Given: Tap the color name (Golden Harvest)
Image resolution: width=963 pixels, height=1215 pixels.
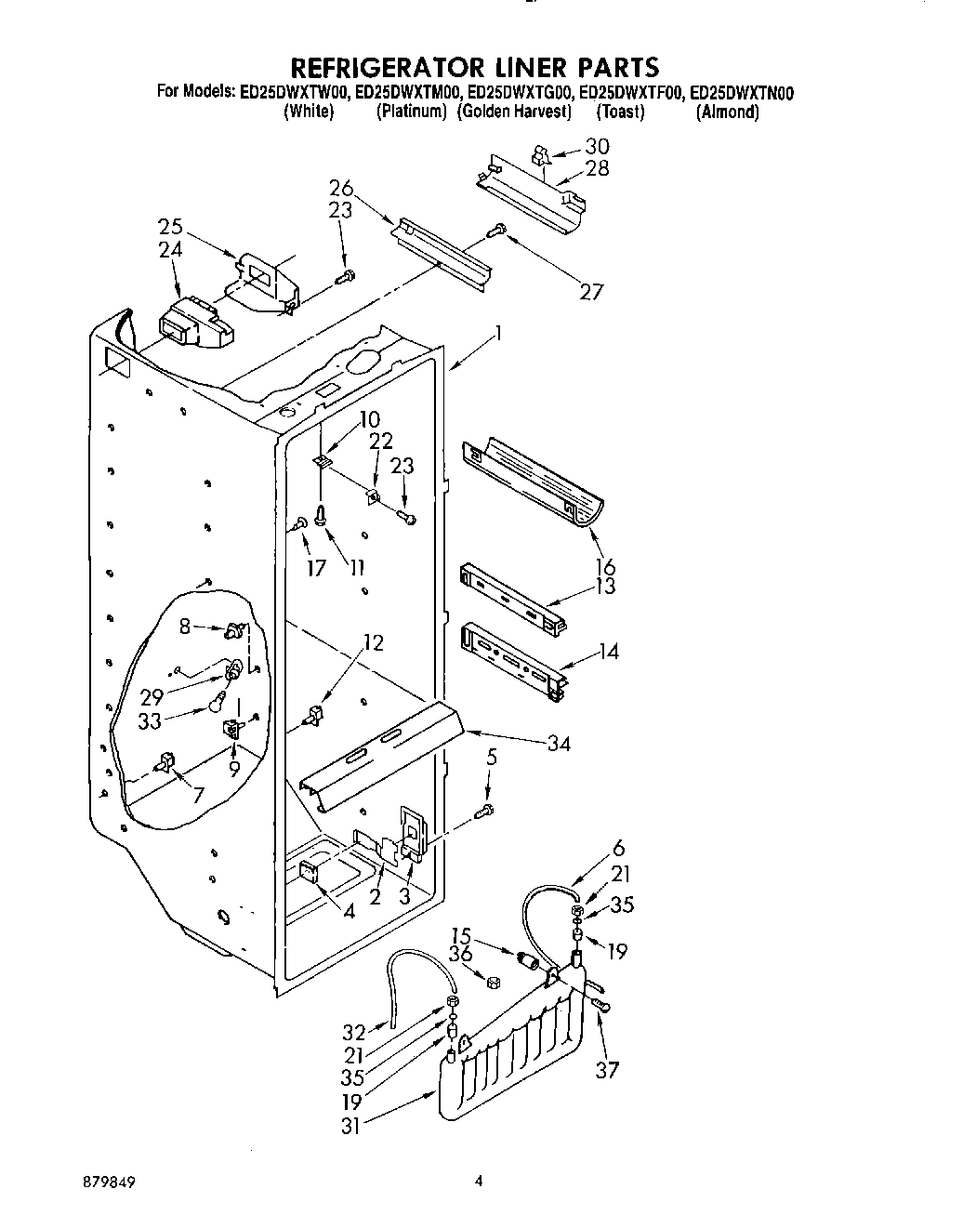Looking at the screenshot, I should [x=514, y=112].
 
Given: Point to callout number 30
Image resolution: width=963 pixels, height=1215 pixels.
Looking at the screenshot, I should [x=598, y=146].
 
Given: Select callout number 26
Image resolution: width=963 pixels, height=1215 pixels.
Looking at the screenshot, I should [x=340, y=189].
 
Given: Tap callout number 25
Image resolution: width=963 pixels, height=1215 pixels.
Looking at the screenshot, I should [x=170, y=228].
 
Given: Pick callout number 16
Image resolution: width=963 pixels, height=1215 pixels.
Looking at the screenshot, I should [x=606, y=566].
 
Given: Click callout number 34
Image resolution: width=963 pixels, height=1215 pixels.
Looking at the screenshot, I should [x=559, y=743].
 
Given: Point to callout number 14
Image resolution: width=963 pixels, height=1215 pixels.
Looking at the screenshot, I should [x=608, y=652].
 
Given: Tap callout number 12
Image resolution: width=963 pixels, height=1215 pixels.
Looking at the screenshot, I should [x=373, y=642].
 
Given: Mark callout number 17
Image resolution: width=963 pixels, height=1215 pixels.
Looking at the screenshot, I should [x=316, y=566].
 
